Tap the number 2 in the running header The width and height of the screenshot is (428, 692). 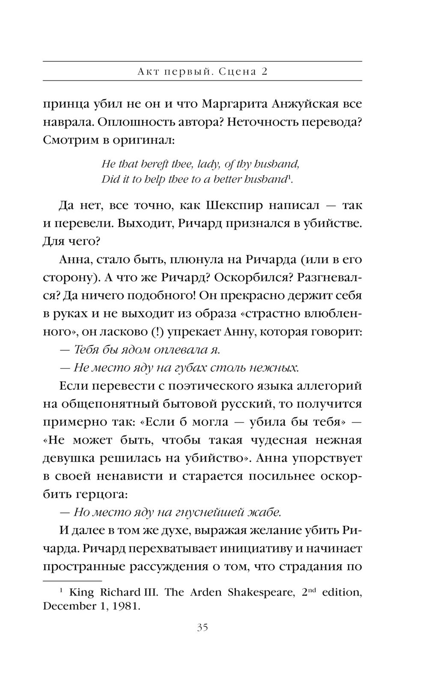click(265, 72)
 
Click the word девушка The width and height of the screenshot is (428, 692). click(68, 458)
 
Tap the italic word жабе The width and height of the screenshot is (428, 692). click(264, 512)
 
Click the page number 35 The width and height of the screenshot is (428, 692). click(202, 628)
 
